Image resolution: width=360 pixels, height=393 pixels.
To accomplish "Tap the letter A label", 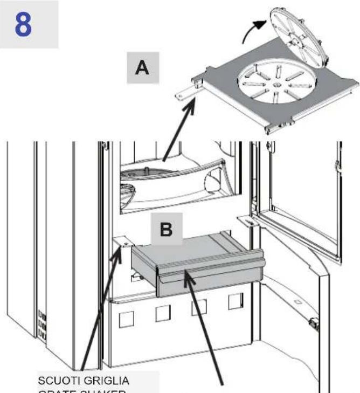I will (x=142, y=68).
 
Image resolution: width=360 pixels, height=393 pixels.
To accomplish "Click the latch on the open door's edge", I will (x=313, y=324).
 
